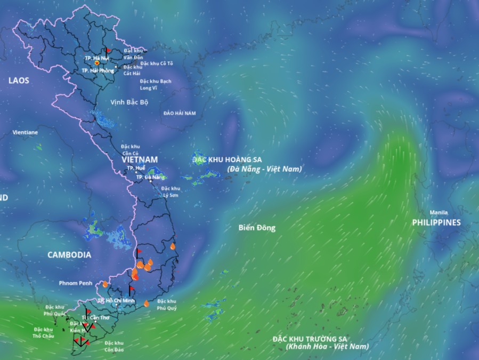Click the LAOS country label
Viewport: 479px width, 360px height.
tap(19, 81)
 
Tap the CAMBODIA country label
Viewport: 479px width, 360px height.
tap(69, 255)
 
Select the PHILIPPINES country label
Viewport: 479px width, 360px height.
tap(436, 222)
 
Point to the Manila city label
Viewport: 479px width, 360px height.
tap(439, 212)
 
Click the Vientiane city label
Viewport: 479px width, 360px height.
tap(26, 132)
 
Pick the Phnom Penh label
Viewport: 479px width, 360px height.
tap(77, 283)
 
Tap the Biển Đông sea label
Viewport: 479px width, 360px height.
tap(257, 228)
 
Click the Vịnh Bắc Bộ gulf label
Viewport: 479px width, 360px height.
tap(129, 101)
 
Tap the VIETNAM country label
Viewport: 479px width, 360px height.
tap(140, 159)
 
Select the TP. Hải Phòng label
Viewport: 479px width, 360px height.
tap(98, 70)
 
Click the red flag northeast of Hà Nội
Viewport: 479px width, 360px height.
tap(108, 50)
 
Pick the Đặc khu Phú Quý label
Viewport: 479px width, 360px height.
tap(167, 305)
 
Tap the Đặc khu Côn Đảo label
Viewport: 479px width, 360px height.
tap(114, 346)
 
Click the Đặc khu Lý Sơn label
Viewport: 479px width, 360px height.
tap(171, 191)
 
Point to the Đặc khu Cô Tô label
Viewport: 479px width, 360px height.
tap(157, 63)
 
